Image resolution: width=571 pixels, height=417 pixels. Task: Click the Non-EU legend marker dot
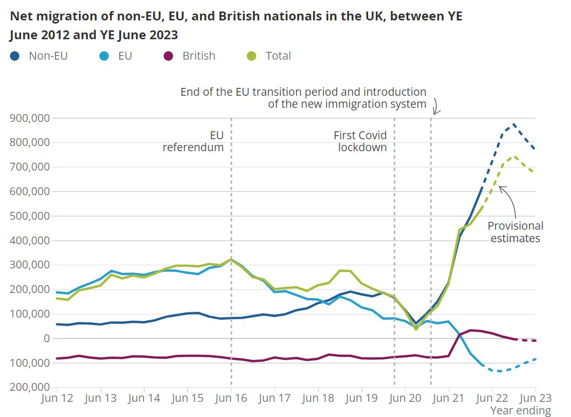(15, 56)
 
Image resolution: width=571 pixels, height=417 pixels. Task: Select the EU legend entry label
(125, 56)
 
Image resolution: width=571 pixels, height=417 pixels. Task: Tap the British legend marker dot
(168, 56)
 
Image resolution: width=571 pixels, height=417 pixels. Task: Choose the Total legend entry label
(278, 56)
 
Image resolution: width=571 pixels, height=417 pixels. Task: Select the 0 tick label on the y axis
(45, 339)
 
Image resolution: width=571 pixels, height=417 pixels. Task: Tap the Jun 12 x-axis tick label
(56, 398)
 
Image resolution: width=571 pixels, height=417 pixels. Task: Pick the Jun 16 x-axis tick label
(231, 398)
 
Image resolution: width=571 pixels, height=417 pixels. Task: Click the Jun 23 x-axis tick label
(535, 398)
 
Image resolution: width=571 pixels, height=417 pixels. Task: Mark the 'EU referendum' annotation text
(193, 141)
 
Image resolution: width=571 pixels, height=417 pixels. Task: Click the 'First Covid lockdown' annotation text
(361, 141)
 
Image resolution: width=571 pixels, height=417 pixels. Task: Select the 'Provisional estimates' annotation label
(515, 232)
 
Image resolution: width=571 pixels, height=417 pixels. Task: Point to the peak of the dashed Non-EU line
(514, 125)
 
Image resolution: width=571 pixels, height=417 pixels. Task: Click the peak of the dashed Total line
(514, 156)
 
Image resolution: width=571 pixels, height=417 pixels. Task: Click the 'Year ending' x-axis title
(520, 411)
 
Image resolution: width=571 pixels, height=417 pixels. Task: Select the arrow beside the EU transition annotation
(436, 108)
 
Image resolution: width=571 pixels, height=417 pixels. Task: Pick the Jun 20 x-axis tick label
(405, 398)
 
